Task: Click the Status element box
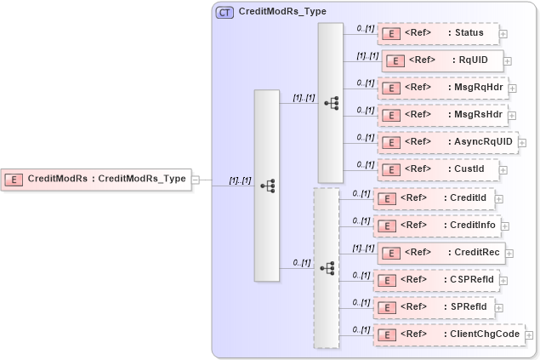(x=437, y=34)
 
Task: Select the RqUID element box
(x=442, y=60)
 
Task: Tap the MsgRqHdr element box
(x=441, y=88)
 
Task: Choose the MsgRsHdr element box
(x=441, y=114)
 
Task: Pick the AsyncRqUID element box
(x=446, y=141)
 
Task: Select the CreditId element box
(x=435, y=198)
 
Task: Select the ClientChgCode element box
(x=448, y=334)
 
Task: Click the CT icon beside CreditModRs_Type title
(x=225, y=13)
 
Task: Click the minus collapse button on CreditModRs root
(x=196, y=180)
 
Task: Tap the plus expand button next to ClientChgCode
(x=529, y=335)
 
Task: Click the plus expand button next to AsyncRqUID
(x=522, y=142)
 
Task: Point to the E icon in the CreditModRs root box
(x=14, y=179)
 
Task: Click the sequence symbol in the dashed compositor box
(x=327, y=268)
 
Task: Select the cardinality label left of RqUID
(x=367, y=55)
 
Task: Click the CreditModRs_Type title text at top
(x=282, y=13)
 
